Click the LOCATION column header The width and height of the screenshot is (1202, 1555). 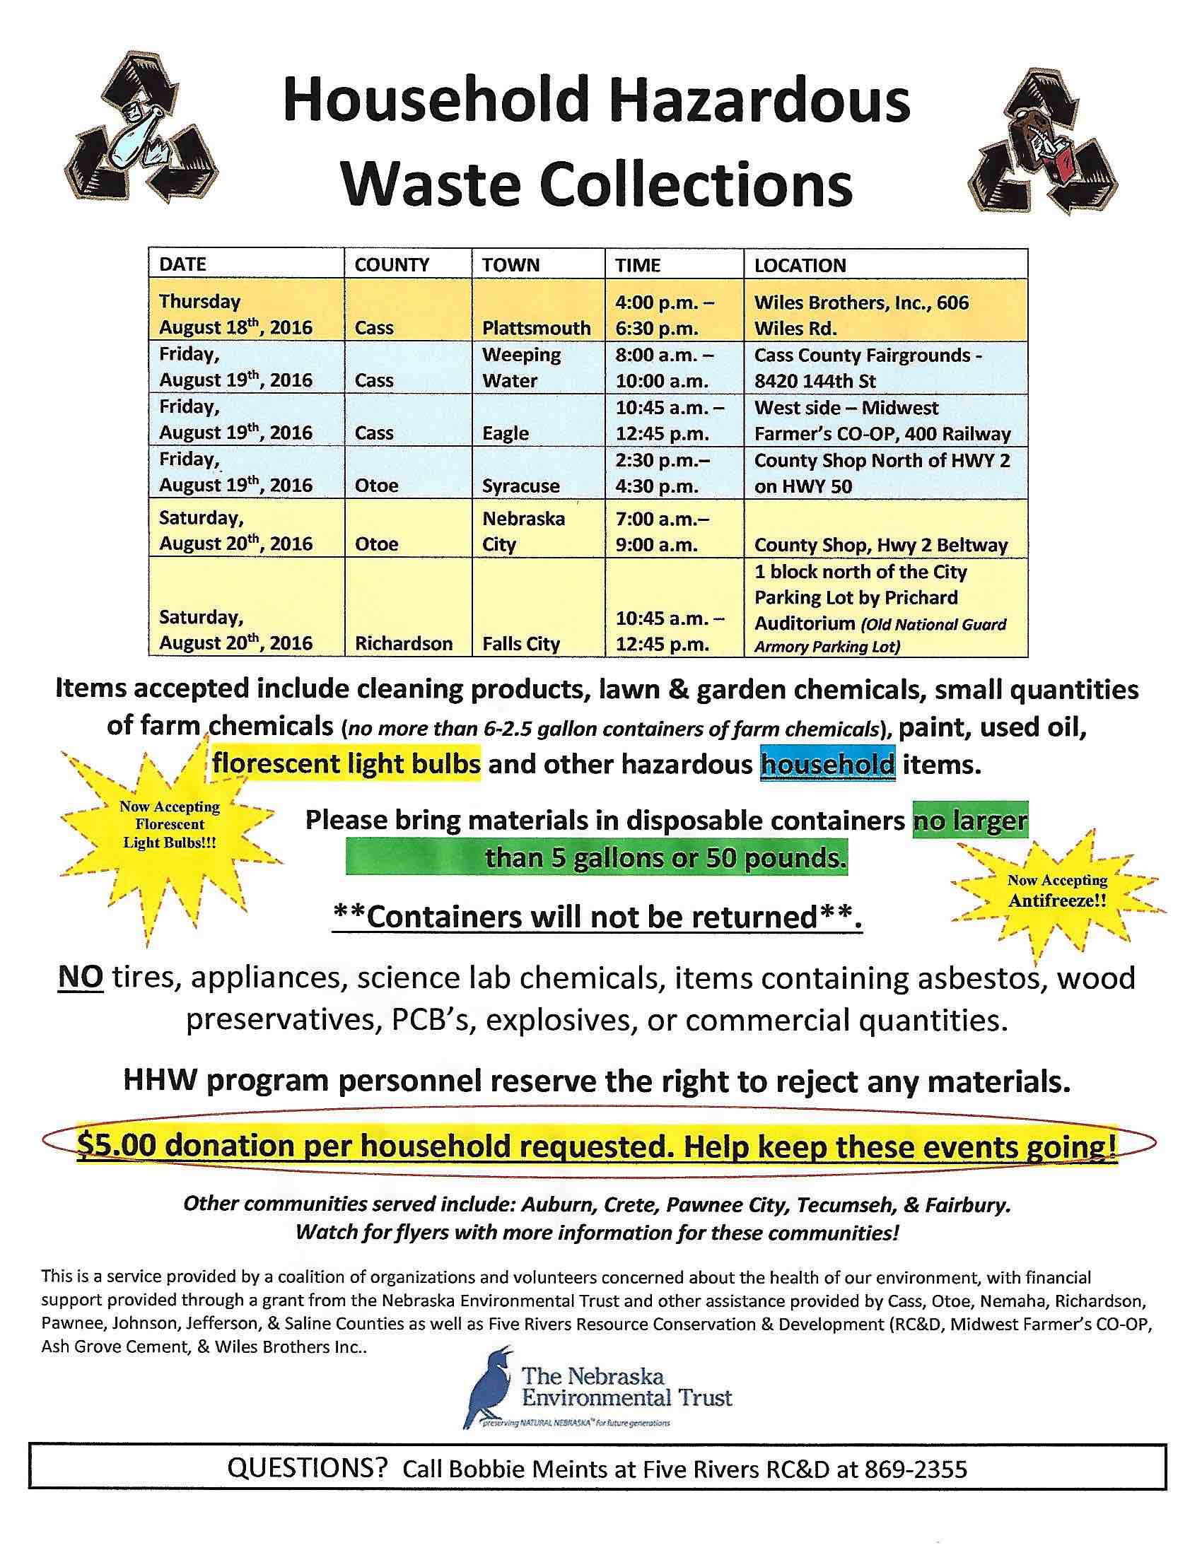(800, 266)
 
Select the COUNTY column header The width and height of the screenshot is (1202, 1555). (392, 266)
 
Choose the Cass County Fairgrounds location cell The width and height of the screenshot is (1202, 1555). (868, 368)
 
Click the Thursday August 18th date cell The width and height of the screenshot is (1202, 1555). (235, 315)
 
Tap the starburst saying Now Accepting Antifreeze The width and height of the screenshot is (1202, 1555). (1057, 891)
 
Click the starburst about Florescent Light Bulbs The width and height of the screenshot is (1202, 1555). (170, 824)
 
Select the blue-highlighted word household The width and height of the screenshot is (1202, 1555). (827, 765)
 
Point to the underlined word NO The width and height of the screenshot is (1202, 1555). (81, 979)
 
